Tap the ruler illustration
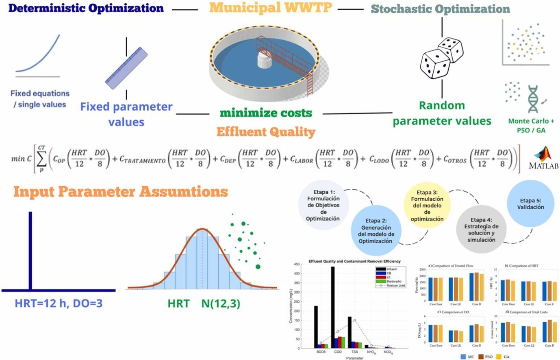tap(126, 68)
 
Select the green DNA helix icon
tap(532, 99)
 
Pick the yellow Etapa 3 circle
tap(427, 206)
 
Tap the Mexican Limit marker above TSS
tap(354, 321)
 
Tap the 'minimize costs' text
tap(266, 113)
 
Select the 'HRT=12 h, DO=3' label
tap(59, 303)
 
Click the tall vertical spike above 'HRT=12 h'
tap(30, 250)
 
